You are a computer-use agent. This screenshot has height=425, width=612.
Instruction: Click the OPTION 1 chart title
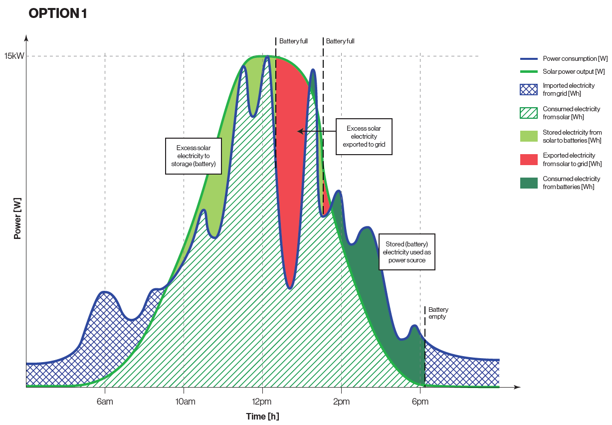click(58, 13)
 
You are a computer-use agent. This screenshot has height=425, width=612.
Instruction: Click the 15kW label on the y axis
click(14, 56)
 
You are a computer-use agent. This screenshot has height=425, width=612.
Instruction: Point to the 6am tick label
click(105, 402)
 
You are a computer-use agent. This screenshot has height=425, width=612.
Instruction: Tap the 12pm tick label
click(262, 402)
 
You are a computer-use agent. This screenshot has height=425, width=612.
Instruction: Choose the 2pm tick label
click(341, 402)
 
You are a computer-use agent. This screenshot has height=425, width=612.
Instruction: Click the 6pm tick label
click(420, 402)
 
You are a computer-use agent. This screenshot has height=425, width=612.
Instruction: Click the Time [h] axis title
click(263, 416)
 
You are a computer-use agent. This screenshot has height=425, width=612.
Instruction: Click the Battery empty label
click(438, 313)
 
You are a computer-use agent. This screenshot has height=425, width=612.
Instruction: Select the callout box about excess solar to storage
click(193, 156)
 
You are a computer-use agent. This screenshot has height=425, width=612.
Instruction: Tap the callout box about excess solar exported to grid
click(364, 137)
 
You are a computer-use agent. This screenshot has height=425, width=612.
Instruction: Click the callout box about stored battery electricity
click(407, 252)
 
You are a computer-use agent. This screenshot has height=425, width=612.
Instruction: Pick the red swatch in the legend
click(529, 160)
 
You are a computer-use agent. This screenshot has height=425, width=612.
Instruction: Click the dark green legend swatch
click(529, 183)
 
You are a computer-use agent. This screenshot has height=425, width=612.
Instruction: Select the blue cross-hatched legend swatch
click(529, 90)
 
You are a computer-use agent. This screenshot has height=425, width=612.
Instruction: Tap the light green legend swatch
click(529, 136)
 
